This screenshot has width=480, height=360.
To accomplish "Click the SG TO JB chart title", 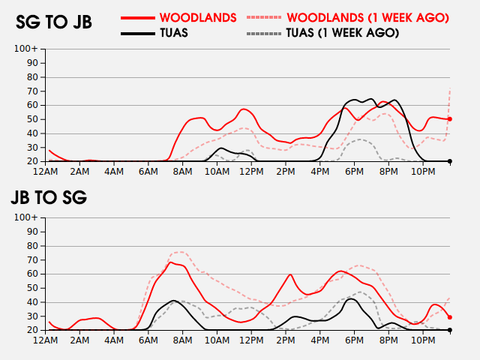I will (x=54, y=22).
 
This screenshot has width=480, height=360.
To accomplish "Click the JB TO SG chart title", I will (x=49, y=198).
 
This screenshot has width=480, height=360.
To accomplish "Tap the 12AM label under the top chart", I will (x=46, y=172).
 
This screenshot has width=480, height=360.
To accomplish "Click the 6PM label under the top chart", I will (x=355, y=172).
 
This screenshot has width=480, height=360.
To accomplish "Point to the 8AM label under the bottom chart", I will (x=183, y=340).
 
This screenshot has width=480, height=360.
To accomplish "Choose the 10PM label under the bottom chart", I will (x=423, y=340).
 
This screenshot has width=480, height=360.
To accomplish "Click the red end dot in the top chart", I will (x=450, y=119).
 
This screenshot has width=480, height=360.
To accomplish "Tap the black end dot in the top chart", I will (x=450, y=161).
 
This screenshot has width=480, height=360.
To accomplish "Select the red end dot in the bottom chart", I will (x=450, y=317).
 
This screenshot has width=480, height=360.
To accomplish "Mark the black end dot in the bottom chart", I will (x=450, y=330).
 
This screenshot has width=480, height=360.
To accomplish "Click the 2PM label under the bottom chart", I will (x=286, y=340).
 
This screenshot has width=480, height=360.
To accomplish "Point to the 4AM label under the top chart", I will (x=115, y=172).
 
